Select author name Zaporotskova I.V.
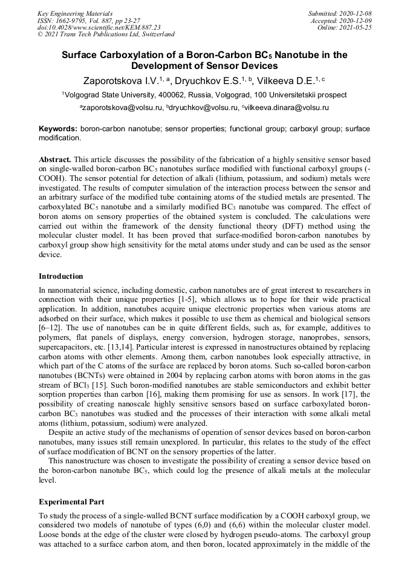[x=119, y=80]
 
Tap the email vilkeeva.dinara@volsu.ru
[x=287, y=108]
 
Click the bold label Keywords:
[x=58, y=129]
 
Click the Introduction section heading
[x=61, y=276]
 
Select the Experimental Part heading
[x=71, y=502]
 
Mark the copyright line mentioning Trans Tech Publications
[x=106, y=35]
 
